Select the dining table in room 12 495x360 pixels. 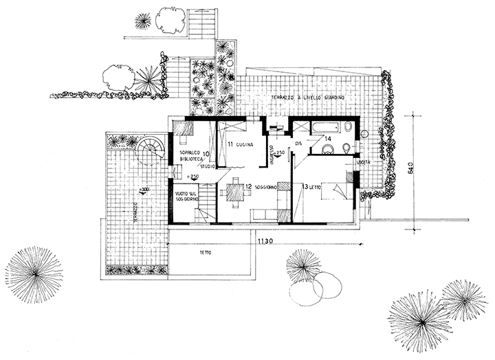pyautogui.click(x=235, y=189)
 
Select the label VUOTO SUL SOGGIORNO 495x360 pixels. pyautogui.click(x=186, y=199)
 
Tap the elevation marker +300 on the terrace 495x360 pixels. pyautogui.click(x=144, y=190)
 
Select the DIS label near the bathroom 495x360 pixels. pyautogui.click(x=298, y=144)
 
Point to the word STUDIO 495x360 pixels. pyautogui.click(x=206, y=167)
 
